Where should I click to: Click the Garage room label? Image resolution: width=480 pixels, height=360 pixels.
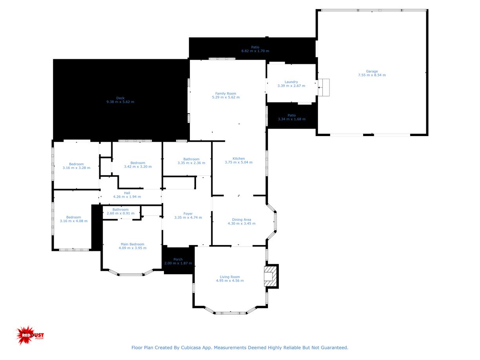371,71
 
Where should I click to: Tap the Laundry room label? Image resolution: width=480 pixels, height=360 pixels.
291,82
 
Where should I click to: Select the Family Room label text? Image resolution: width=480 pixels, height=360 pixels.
225,93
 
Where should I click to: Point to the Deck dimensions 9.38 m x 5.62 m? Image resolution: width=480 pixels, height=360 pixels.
120,102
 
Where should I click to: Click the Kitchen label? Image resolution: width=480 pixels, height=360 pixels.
238,158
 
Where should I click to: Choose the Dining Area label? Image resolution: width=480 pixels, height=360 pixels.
241,220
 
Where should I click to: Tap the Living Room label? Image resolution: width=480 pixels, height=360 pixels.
230,276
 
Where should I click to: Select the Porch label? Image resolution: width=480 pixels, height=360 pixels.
178,259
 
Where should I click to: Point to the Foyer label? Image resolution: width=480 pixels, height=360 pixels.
188,213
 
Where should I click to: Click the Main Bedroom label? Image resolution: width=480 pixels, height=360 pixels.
132,244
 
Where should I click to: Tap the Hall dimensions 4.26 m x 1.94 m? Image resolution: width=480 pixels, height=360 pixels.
127,196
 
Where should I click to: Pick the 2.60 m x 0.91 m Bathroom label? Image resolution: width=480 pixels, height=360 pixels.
120,211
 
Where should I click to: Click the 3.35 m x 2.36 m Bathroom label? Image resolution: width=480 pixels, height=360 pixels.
191,161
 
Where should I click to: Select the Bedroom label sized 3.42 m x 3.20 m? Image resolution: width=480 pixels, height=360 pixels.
138,165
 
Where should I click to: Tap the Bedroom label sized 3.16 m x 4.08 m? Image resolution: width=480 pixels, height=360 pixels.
73,219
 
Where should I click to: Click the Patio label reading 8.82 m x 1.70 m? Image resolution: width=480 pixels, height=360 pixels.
255,49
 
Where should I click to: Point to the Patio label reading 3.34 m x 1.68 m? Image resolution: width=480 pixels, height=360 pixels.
291,117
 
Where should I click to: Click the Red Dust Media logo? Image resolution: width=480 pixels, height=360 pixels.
30,335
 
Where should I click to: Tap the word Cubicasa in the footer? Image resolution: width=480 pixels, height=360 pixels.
190,347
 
